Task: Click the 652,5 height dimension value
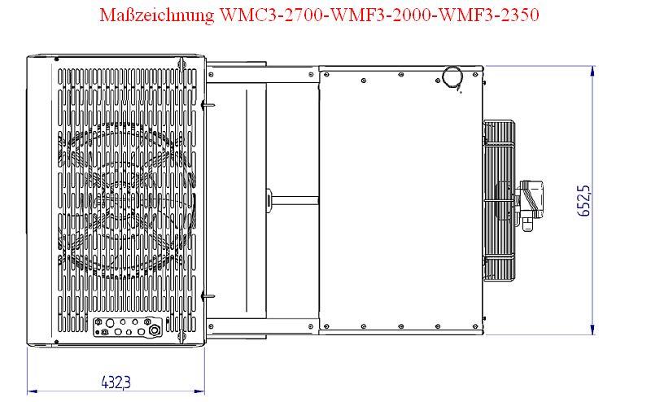(x=583, y=200)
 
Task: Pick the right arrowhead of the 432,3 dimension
(x=200, y=391)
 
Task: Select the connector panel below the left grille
(x=127, y=327)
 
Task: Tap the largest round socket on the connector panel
(x=154, y=330)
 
